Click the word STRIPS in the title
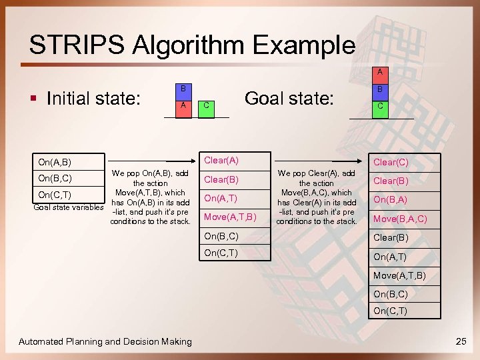(76, 45)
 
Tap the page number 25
(461, 341)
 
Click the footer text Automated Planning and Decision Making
(105, 341)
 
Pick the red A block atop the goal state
(379, 72)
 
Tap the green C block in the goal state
(379, 106)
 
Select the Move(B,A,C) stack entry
(400, 219)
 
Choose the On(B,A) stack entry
(391, 199)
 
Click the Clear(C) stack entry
(391, 161)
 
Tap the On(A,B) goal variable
(55, 162)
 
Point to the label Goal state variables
(69, 207)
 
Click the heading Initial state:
(93, 99)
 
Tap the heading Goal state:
(289, 98)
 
